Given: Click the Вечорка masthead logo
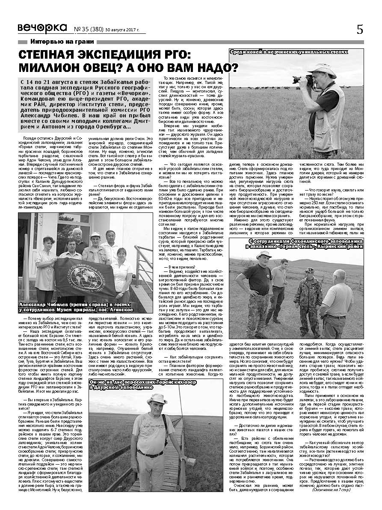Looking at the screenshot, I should (x=42, y=28).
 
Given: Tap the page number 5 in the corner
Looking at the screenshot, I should (x=359, y=29).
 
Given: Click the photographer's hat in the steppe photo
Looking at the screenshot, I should (x=325, y=69).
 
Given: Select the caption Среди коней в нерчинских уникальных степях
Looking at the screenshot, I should (x=289, y=52).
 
